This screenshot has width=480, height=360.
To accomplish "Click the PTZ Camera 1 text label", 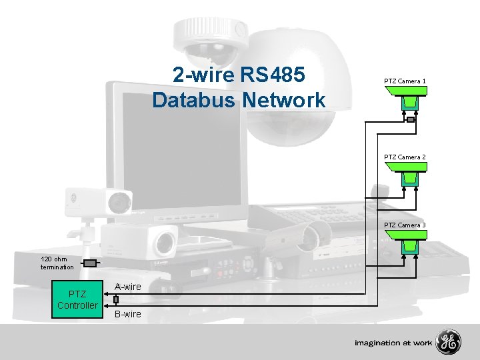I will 405,81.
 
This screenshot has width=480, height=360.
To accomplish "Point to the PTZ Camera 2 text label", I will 405,157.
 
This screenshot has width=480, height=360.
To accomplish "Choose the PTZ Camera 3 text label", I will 405,225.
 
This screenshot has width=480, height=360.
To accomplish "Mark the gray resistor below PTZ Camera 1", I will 410,119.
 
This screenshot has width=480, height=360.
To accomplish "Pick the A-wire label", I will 127,287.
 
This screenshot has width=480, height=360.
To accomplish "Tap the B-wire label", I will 127,314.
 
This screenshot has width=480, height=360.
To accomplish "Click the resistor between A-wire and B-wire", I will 116,300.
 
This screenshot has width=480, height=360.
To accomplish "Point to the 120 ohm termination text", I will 57,263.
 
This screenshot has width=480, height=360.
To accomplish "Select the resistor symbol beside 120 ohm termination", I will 90,263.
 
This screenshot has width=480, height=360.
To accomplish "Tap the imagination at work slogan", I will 393,343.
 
